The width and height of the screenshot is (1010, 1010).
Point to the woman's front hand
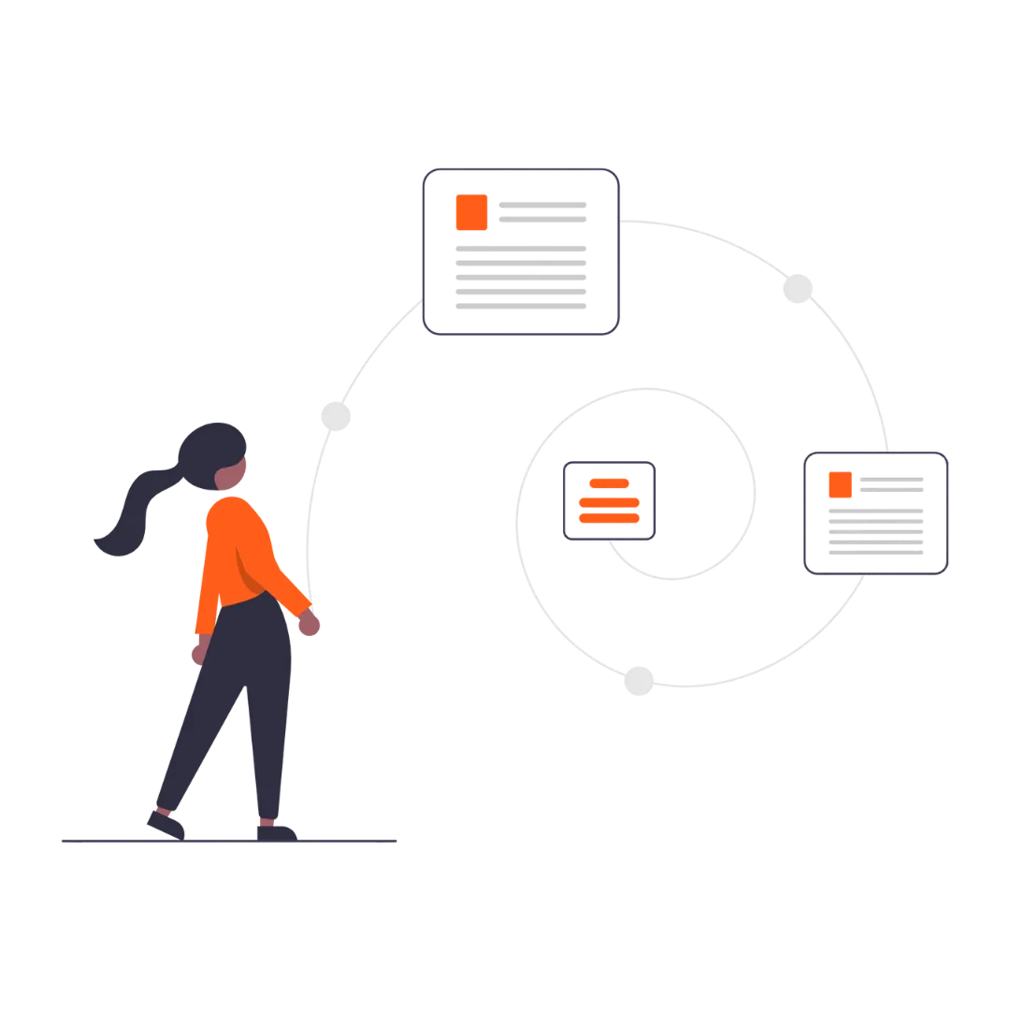[x=309, y=624]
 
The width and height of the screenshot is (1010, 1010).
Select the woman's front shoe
[x=276, y=829]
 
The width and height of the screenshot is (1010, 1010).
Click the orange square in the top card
[x=472, y=212]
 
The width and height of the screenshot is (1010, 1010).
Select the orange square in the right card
[x=840, y=484]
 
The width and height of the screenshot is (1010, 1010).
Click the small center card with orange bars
[x=610, y=501]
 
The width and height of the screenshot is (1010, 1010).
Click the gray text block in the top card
[x=520, y=276]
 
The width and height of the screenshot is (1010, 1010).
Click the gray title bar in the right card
[x=891, y=483]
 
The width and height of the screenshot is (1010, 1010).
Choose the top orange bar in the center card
[x=610, y=483]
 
